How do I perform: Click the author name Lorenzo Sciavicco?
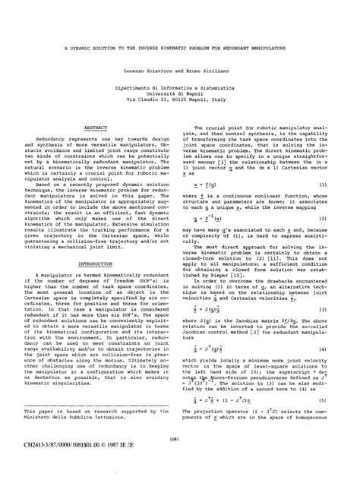coord(155,69)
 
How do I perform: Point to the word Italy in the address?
coord(228,99)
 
